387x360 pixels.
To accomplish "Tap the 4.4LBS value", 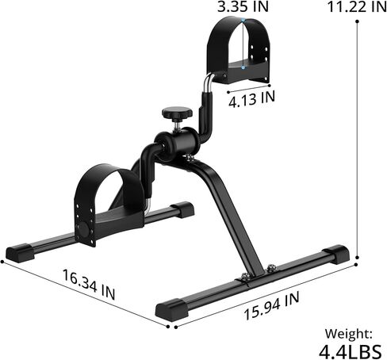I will click(350, 350).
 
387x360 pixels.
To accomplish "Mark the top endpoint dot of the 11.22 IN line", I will click(358, 22).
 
